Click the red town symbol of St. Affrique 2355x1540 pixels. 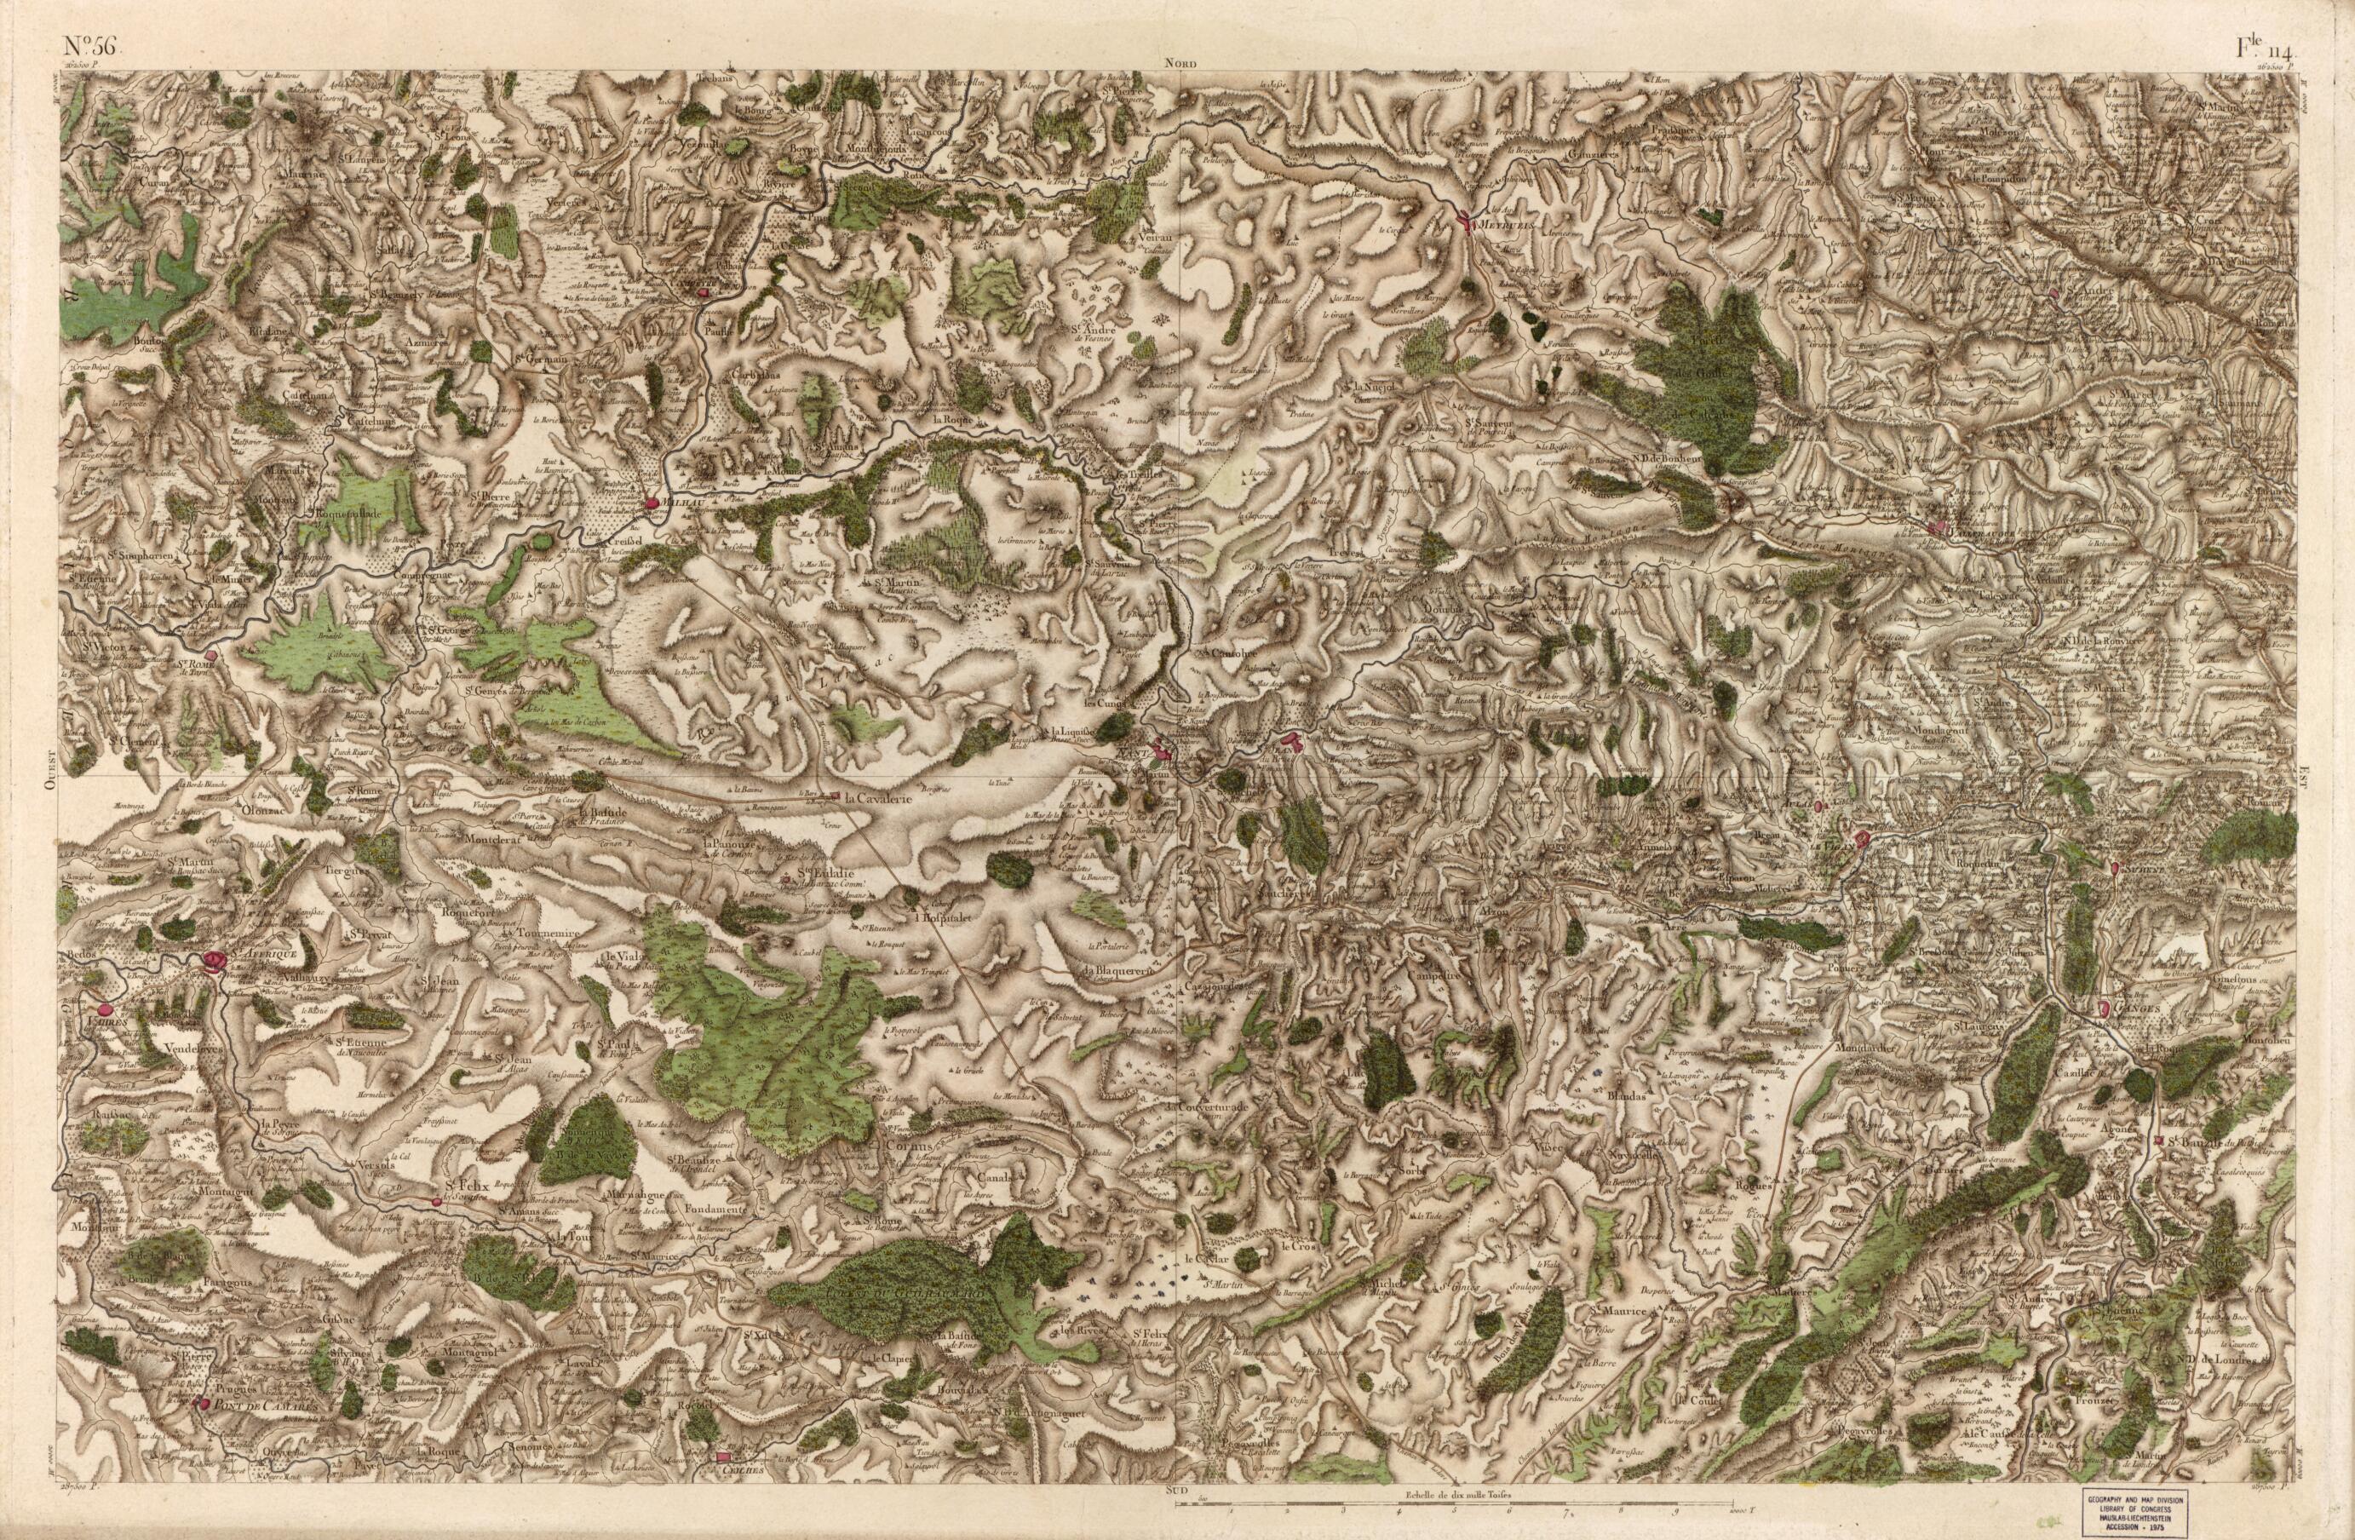(215, 961)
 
